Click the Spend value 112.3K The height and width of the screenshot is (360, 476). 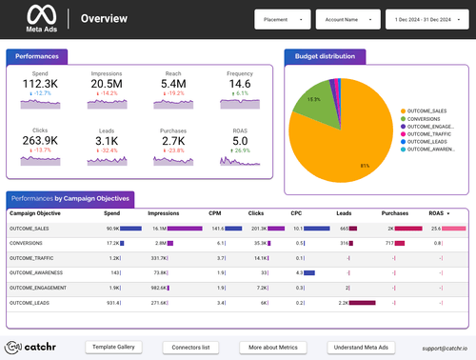point(41,85)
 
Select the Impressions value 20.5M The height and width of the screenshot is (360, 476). point(107,85)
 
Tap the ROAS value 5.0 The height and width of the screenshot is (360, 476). point(240,142)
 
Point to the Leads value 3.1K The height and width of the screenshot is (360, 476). point(107,142)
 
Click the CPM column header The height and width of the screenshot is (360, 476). point(218,213)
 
